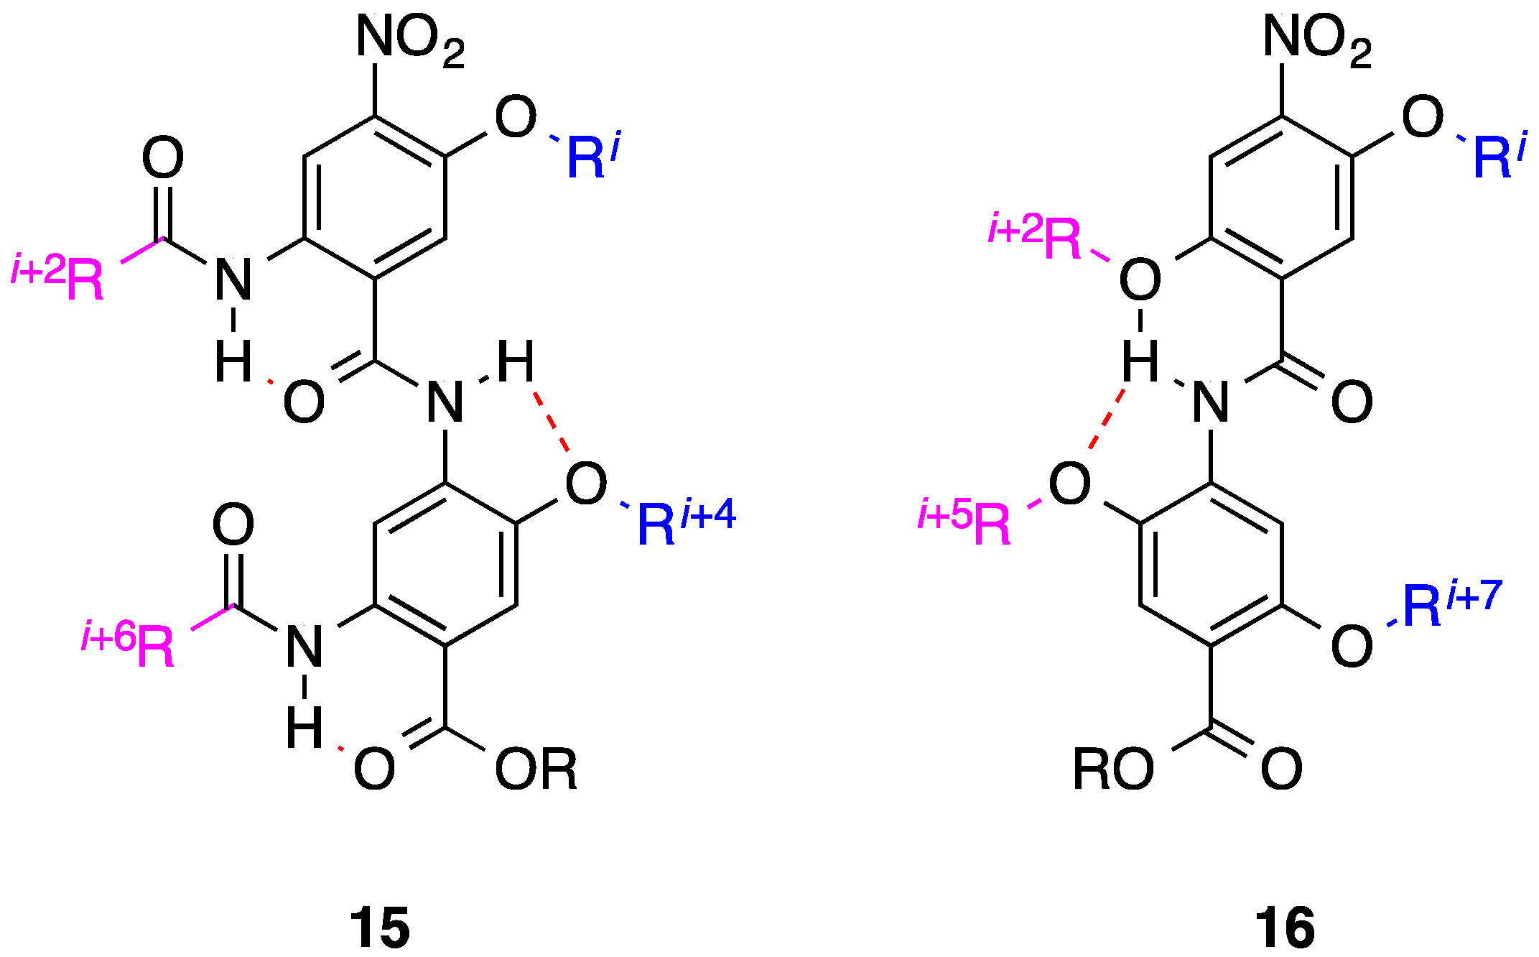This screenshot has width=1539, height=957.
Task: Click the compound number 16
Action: pos(1285,928)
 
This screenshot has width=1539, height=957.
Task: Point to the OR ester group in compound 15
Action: pos(536,769)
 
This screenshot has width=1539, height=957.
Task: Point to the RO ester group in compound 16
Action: pos(1112,769)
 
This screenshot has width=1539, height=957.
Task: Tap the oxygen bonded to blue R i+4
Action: pos(586,483)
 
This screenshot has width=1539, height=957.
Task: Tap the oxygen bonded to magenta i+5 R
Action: pos(1069,483)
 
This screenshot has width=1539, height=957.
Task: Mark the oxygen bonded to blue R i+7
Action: pos(1352,646)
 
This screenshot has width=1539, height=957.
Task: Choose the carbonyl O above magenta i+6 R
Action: pos(233,524)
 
